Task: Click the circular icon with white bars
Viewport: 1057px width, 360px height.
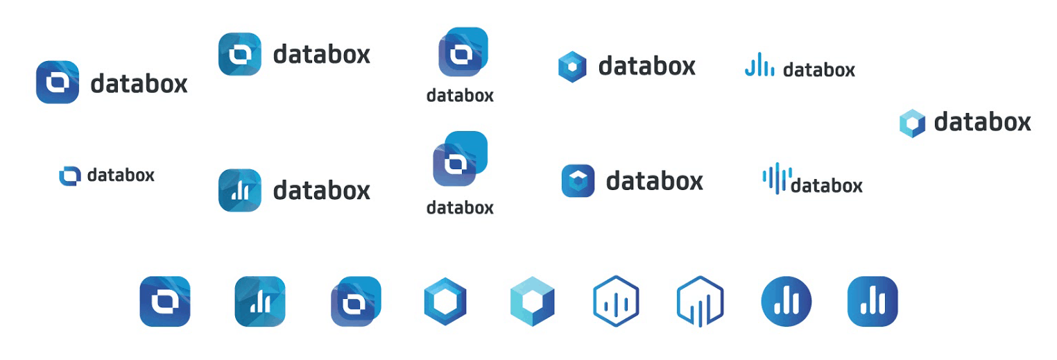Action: point(787,301)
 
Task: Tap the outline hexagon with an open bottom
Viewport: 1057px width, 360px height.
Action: point(700,301)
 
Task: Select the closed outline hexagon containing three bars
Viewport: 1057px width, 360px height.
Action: point(616,301)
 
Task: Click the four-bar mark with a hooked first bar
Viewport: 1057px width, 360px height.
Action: point(759,67)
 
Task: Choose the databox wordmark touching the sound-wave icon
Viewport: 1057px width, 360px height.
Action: point(827,186)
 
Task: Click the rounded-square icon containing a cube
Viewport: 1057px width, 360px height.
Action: point(578,181)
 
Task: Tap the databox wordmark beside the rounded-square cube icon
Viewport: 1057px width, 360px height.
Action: point(654,181)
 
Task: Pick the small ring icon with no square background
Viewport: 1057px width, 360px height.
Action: point(70,176)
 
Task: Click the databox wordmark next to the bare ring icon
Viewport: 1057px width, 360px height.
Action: point(121,175)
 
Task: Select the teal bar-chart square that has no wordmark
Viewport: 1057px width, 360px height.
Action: point(260,301)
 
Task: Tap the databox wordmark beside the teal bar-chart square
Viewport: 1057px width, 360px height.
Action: point(322,190)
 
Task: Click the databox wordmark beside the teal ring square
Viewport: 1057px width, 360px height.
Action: point(322,54)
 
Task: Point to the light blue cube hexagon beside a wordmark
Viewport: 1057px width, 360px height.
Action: point(912,123)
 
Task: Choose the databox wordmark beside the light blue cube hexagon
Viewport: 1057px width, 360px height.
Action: point(982,123)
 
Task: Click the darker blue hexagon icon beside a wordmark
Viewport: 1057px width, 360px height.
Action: point(572,67)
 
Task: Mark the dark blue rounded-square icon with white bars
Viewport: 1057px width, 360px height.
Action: point(873,301)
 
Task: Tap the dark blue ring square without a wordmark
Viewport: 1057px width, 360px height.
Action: point(165,301)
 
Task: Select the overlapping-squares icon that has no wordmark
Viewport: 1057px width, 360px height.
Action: point(356,301)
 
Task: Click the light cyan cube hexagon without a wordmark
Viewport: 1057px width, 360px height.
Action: point(532,301)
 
